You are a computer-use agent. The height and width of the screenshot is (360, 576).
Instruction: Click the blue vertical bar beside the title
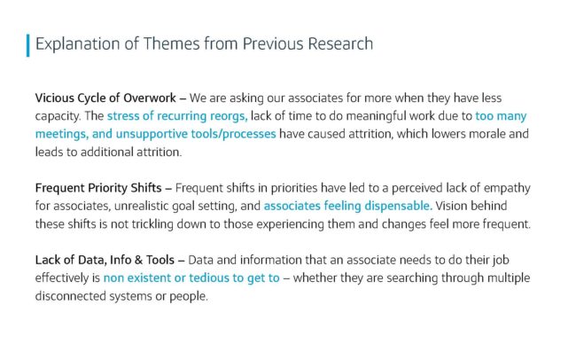point(28,45)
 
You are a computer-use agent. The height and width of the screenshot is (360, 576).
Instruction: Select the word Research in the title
point(340,43)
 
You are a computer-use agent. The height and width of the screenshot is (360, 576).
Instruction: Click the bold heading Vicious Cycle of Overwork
point(105,98)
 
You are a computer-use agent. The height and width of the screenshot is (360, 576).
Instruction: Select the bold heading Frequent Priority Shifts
point(98,188)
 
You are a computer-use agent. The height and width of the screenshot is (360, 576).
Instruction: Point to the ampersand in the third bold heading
point(138,260)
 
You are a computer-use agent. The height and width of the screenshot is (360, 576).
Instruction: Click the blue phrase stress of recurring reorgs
point(177,116)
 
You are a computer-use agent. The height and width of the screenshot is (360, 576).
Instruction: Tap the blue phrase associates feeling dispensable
point(348,206)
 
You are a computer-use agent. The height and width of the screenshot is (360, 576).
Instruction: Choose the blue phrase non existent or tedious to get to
point(191,278)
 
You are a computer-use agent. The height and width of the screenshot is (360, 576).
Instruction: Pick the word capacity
point(58,116)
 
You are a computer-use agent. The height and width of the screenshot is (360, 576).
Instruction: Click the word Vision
point(451,206)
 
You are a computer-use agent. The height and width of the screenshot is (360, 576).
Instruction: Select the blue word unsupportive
point(152,134)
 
